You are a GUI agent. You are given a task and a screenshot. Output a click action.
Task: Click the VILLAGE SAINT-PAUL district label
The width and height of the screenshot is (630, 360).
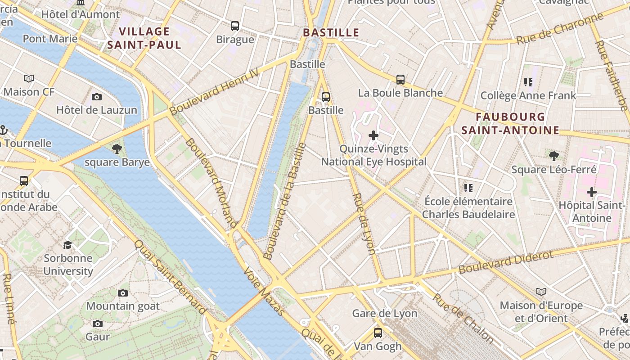click(x=144, y=38)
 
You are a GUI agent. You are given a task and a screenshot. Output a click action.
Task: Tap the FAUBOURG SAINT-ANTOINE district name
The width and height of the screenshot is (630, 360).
click(x=510, y=124)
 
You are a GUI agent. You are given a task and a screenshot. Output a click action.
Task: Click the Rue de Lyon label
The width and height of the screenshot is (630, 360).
click(x=364, y=224)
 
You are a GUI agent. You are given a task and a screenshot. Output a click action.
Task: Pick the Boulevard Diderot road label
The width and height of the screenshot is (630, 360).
click(x=506, y=262)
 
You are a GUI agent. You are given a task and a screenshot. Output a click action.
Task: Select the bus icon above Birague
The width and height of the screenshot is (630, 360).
click(x=235, y=26)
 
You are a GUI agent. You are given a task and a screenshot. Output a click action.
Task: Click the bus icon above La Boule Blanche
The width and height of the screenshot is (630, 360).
click(x=400, y=80)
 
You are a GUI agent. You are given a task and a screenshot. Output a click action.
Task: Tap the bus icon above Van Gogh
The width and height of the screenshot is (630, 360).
click(x=378, y=333)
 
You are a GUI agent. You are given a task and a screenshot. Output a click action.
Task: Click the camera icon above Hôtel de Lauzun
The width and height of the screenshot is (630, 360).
click(x=96, y=97)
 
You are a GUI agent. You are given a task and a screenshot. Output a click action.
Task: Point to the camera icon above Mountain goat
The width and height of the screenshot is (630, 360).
click(x=122, y=293)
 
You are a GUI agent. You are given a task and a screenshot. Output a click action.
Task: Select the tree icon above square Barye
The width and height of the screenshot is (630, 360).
click(x=117, y=148)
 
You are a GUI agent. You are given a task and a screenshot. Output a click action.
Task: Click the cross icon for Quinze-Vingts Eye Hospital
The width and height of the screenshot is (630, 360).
click(x=373, y=135)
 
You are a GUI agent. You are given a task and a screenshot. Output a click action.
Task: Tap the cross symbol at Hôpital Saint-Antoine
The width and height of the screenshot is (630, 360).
click(x=591, y=192)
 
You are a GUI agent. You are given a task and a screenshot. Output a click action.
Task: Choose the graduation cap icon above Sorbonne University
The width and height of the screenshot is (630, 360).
click(x=67, y=245)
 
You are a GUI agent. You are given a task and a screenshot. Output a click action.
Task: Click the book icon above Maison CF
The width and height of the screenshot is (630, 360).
click(x=29, y=79)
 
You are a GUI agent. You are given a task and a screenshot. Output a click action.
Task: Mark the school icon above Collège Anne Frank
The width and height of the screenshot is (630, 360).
click(x=528, y=82)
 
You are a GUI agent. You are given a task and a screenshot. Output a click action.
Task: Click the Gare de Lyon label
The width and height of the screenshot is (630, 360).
click(x=384, y=314)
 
